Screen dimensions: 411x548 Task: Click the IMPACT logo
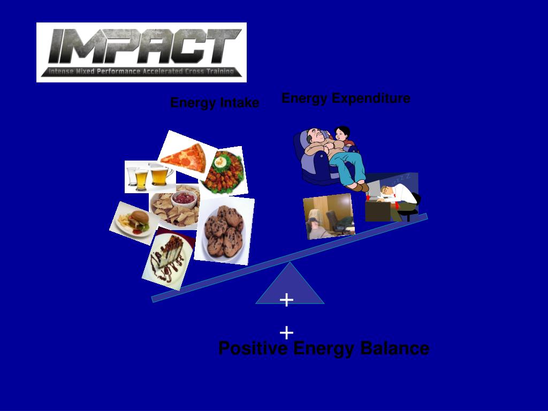coord(141,52)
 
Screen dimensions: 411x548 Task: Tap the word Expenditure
coord(364,98)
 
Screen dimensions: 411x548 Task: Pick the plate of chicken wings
coord(224,171)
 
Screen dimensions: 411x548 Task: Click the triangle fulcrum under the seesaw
coord(290,286)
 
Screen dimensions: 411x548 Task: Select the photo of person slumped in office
coord(329,216)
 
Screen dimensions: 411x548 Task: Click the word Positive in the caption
coord(253,349)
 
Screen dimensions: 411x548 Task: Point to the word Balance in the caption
coord(394,349)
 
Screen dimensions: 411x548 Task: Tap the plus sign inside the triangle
coord(287,300)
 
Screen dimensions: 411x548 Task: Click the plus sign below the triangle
coord(287,333)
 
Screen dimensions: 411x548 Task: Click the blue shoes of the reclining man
coord(359,186)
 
